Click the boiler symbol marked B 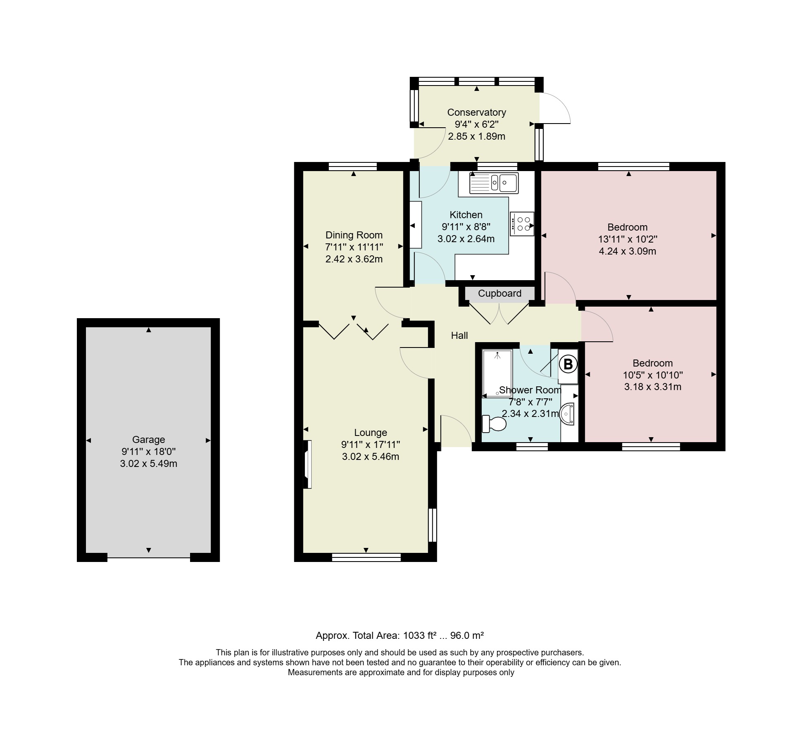point(568,364)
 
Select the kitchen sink point(494,183)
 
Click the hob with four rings point(522,224)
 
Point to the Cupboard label point(500,293)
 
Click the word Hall point(459,336)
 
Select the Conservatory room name point(476,112)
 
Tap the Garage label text point(148,440)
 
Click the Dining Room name point(354,235)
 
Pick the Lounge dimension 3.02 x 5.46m point(371,457)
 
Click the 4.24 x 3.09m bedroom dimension point(628,251)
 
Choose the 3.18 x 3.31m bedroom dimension point(653,387)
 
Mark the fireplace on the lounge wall point(307,464)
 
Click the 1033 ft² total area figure point(420,635)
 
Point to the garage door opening point(149,557)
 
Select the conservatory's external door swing point(555,108)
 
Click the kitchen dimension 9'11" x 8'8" point(466,226)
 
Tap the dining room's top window point(353,167)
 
